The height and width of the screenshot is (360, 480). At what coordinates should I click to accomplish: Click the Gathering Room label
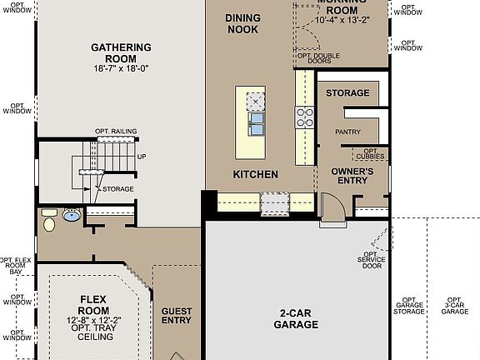pos(121,47)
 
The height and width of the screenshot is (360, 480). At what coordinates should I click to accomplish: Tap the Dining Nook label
pos(242,23)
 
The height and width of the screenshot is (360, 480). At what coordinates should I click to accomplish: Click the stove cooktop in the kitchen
pos(305,116)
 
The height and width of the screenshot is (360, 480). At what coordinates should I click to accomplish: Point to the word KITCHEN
pos(255,174)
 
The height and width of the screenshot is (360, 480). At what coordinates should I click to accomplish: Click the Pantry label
pos(347,132)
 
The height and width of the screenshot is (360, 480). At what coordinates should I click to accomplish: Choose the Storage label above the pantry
pos(347,93)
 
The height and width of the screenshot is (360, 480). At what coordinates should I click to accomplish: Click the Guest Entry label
pos(176,316)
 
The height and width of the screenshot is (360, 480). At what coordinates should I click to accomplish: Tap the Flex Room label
pos(94,304)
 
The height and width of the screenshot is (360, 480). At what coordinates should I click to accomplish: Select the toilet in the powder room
pos(49,222)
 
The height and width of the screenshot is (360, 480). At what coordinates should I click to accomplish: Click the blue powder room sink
pos(72,215)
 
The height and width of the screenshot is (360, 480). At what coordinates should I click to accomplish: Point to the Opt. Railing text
pos(116,131)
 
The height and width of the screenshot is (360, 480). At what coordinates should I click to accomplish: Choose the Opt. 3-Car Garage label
pos(454,306)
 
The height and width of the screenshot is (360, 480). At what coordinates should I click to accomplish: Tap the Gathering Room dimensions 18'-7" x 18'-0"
pos(121,58)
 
